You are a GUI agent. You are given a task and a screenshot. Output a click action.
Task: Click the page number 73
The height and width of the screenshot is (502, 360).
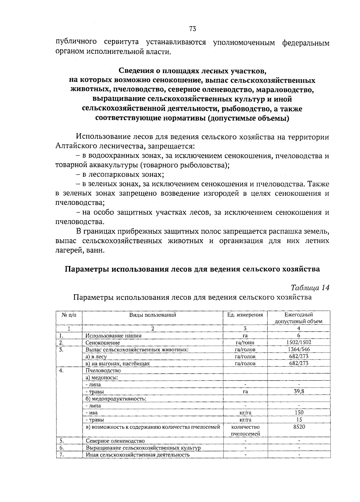[193, 29]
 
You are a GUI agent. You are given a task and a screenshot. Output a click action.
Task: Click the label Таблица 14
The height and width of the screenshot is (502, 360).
[310, 287]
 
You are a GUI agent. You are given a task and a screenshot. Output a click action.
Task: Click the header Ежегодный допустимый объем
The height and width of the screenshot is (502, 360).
[298, 318]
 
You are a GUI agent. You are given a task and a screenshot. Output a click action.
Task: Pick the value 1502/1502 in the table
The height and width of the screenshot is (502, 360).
[298, 342]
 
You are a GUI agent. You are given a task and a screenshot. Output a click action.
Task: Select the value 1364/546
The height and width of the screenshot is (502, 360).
[298, 349]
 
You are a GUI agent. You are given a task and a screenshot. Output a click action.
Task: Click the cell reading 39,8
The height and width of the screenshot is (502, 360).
[299, 392]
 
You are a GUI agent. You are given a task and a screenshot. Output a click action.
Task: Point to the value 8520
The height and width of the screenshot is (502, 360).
[299, 427]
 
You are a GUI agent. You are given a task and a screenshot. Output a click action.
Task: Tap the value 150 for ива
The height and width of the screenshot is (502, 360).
[299, 413]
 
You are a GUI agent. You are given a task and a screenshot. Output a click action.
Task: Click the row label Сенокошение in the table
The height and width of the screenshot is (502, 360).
[103, 343]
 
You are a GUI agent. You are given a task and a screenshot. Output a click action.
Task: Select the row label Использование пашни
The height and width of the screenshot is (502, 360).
[113, 336]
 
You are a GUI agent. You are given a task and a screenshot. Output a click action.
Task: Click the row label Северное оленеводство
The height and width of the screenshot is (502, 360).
[115, 441]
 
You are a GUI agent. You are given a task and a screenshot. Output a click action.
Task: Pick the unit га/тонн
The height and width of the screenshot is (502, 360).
[245, 343]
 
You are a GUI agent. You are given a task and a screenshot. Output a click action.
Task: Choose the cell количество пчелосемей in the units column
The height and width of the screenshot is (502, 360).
[245, 430]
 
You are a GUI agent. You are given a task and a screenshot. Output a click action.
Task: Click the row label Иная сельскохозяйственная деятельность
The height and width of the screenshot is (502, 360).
[138, 455]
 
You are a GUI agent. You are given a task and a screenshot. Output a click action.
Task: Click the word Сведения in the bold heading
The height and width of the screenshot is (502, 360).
[135, 71]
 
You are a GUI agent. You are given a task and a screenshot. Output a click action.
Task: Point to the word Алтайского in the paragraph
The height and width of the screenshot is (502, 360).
[73, 147]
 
